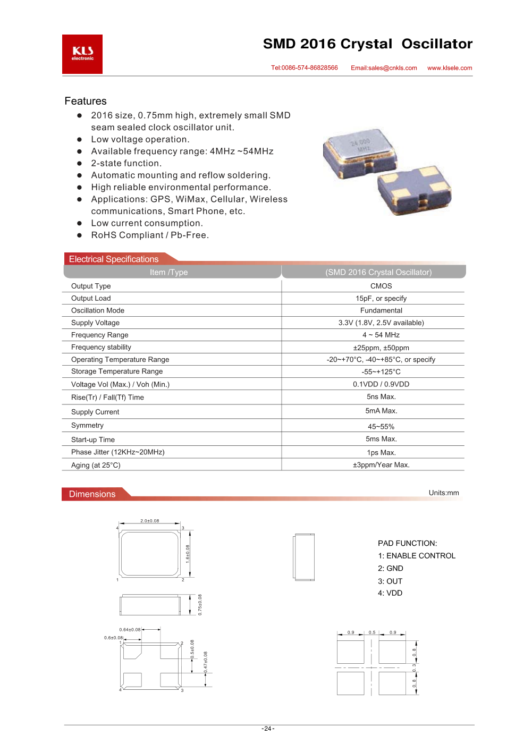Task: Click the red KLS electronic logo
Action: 82,54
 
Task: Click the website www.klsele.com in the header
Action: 450,68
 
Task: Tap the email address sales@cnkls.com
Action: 384,68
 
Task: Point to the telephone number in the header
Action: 305,68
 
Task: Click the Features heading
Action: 86,101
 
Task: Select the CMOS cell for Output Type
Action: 381,286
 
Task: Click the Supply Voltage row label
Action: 96,323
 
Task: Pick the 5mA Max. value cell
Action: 381,411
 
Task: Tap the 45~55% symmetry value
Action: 381,426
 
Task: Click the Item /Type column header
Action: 169,272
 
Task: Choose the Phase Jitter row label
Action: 118,452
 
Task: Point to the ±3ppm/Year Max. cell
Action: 381,465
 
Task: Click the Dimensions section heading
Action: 92,494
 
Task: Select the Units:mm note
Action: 444,493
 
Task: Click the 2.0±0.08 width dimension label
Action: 150,521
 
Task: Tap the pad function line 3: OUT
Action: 390,581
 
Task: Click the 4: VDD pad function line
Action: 390,593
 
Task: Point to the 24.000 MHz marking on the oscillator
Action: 361,145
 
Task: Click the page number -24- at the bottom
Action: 268,729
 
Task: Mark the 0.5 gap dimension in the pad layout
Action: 372,632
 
